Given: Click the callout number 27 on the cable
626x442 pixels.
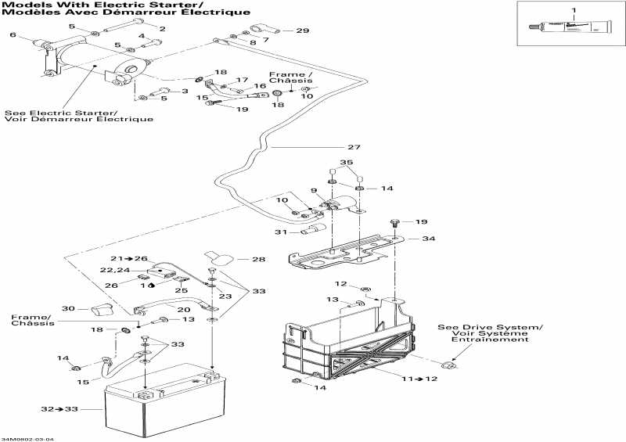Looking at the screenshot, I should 354,147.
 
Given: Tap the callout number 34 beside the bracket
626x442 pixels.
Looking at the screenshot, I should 428,239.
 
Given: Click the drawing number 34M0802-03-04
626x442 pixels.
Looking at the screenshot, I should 27,438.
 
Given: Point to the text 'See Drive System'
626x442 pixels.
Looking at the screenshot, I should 490,326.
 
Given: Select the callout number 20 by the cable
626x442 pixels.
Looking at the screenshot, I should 183,310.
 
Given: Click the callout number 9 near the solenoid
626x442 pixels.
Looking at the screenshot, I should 313,191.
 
